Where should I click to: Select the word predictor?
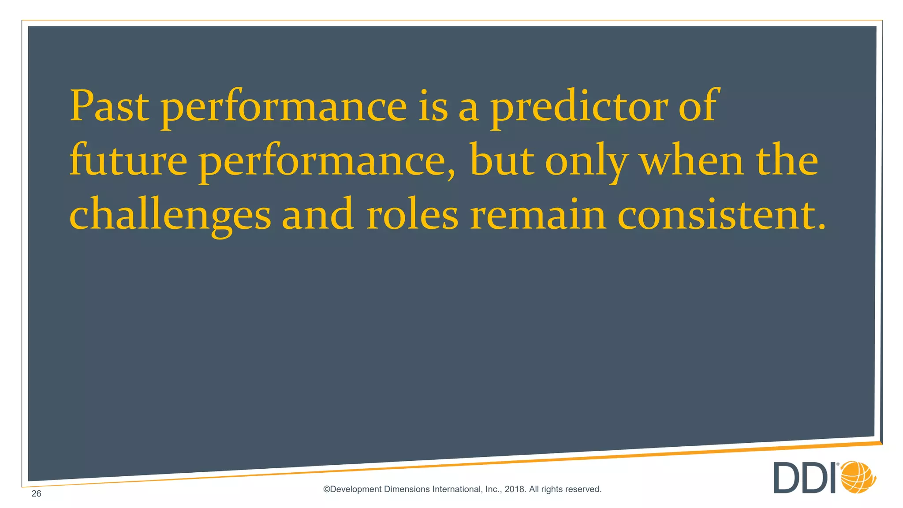579,107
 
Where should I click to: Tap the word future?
128,161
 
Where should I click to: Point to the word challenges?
170,215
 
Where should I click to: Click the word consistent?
721,215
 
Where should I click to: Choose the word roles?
412,215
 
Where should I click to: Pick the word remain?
538,215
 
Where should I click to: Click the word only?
586,161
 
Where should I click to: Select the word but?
502,161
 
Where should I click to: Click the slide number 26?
36,493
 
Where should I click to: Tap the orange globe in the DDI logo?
858,477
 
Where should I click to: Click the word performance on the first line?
284,107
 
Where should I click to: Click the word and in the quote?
317,215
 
